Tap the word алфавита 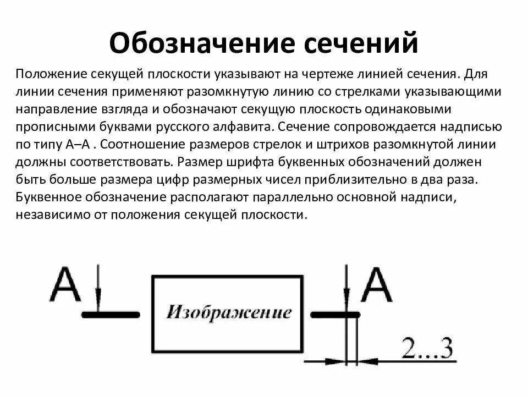click(241, 127)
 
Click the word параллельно click(309, 198)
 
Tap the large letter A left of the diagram click(65, 284)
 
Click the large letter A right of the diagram click(377, 285)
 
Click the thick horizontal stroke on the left click(109, 315)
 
